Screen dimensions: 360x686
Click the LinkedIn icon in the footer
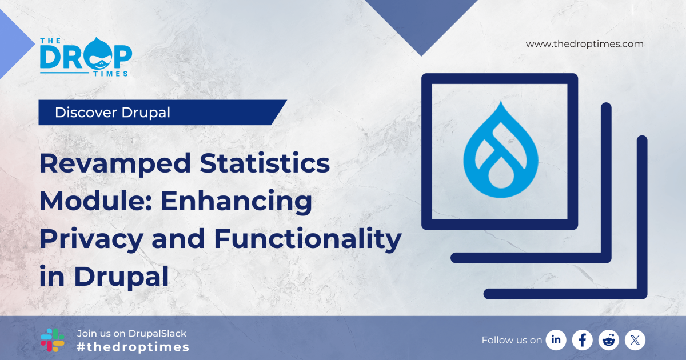pyautogui.click(x=556, y=340)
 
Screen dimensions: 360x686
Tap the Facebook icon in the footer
pyautogui.click(x=582, y=340)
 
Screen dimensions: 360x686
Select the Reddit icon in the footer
pyautogui.click(x=608, y=340)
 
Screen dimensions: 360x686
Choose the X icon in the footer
pyautogui.click(x=635, y=340)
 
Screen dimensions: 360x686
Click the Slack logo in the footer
pyautogui.click(x=53, y=340)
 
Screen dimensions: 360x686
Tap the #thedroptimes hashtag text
pyautogui.click(x=133, y=347)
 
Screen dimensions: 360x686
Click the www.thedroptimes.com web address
pyautogui.click(x=584, y=44)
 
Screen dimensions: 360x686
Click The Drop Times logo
pyautogui.click(x=86, y=56)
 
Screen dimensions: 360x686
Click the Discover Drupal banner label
pyautogui.click(x=113, y=113)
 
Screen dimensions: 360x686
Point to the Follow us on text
pyautogui.click(x=512, y=340)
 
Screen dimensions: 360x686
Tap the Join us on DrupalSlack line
pyautogui.click(x=131, y=333)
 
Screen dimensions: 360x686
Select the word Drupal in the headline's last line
pyautogui.click(x=121, y=277)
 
